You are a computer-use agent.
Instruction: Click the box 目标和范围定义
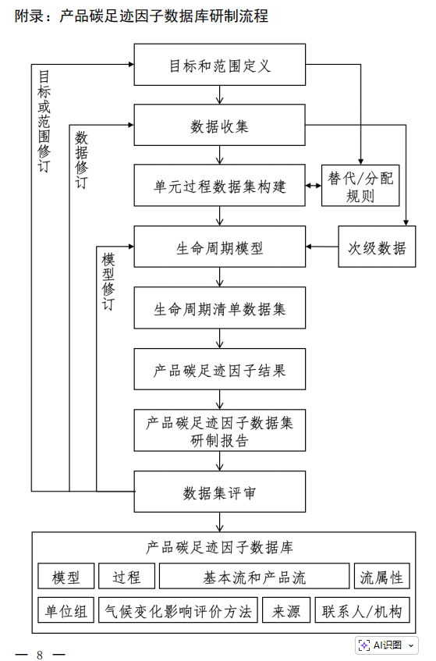(x=219, y=65)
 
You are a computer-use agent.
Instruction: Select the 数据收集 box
(x=219, y=125)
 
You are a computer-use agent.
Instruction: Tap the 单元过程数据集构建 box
(x=219, y=186)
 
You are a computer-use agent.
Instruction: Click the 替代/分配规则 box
(x=360, y=186)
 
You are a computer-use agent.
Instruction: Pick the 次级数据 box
(x=377, y=247)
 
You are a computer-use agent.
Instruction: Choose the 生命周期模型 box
(x=219, y=247)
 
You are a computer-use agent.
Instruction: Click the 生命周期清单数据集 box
(x=219, y=309)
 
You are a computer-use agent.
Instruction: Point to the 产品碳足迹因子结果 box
(x=219, y=370)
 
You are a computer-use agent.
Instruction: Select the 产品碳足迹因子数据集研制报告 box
(x=219, y=431)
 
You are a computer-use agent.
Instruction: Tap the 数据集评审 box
(x=219, y=492)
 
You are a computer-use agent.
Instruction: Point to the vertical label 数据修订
(x=81, y=160)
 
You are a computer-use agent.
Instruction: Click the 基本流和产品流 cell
(x=254, y=577)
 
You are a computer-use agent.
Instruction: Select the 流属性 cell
(x=381, y=577)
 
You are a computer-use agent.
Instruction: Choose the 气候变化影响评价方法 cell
(x=179, y=610)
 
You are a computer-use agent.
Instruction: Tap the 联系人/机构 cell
(x=362, y=610)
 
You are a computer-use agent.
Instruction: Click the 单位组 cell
(x=66, y=610)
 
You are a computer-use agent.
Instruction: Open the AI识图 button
(x=386, y=645)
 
